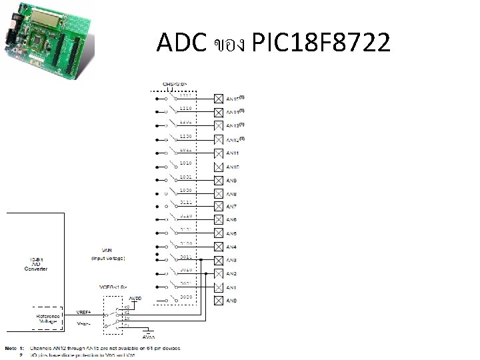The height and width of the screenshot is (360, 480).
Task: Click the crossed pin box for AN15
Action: pos(218,98)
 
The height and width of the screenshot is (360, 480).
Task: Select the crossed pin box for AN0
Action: pos(218,301)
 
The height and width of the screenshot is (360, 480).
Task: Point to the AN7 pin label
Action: pos(232,206)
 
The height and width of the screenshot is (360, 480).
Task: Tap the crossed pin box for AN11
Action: pos(218,153)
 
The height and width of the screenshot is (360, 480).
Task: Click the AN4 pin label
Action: pos(232,247)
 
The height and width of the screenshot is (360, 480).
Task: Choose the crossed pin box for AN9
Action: pos(218,179)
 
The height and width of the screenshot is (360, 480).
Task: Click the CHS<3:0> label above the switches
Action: pos(175,84)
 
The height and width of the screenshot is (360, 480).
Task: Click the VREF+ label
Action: pos(83,311)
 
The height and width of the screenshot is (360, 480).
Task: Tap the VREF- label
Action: pos(83,323)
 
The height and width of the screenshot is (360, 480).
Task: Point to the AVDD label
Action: pos(135,298)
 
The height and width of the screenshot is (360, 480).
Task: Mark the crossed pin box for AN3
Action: pos(218,260)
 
